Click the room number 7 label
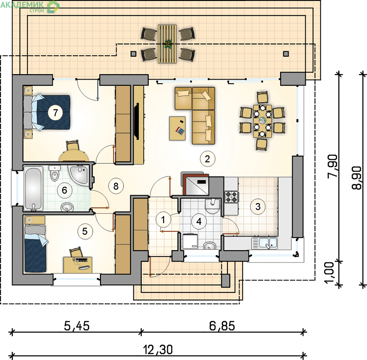coord(55,113)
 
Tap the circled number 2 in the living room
coord(208,159)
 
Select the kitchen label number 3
coord(258,207)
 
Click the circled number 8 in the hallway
coord(116,186)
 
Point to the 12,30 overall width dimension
coord(158,350)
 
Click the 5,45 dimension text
coord(77,326)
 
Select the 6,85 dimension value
coord(222,326)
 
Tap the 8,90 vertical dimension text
coord(357,178)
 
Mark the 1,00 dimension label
coord(329,273)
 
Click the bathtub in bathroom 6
coord(33,188)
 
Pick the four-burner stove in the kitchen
coord(232,197)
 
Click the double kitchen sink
coord(264,243)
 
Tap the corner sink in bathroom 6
coord(79,175)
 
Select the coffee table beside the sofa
coord(177,128)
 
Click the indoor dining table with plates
coord(263,121)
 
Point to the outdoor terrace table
coord(167,44)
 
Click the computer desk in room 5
coord(78,265)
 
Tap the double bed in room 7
coord(47,112)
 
